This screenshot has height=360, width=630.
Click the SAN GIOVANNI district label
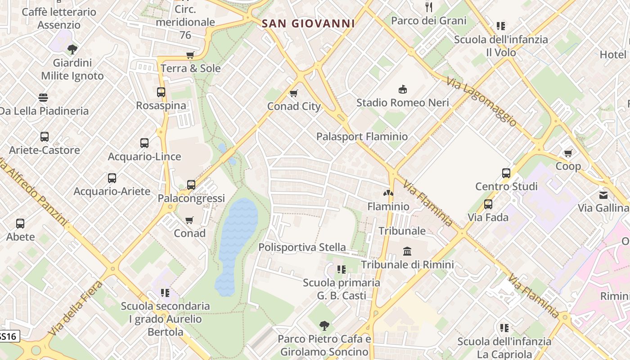(x=308, y=23)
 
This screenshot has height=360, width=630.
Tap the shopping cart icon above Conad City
(x=294, y=94)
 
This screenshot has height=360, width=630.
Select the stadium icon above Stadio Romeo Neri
(x=403, y=90)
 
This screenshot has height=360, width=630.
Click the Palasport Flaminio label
(x=362, y=136)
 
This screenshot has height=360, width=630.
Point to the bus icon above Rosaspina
(x=161, y=92)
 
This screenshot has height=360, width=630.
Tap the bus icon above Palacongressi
(x=191, y=185)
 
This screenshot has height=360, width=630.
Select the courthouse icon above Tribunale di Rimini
(x=407, y=251)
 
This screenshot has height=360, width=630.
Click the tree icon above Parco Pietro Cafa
(x=324, y=325)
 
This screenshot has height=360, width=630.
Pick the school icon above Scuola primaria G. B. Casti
(x=342, y=270)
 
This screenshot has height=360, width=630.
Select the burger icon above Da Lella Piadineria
(x=43, y=98)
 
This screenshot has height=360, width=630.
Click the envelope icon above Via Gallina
(x=603, y=195)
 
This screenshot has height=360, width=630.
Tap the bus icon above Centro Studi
(x=506, y=173)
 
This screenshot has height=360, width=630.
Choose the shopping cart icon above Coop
(x=568, y=153)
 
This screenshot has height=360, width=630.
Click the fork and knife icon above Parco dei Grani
(x=429, y=7)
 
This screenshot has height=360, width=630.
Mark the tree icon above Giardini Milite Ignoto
(x=72, y=49)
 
